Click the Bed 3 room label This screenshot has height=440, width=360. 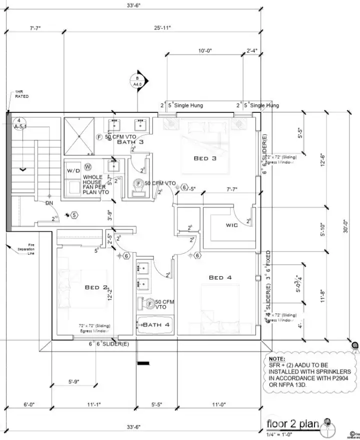(x=205, y=158)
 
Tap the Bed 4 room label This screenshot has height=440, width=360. (x=223, y=277)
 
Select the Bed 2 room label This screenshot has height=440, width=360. (x=96, y=287)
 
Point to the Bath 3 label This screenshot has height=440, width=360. (x=130, y=142)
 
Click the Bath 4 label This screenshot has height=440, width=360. (x=156, y=325)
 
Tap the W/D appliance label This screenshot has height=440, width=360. (x=74, y=171)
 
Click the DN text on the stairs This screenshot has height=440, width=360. (x=49, y=203)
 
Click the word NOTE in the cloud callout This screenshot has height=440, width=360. (x=277, y=359)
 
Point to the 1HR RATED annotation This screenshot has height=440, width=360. (x=21, y=94)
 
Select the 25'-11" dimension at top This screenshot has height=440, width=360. (x=163, y=28)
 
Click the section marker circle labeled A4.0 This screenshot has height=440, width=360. (x=136, y=81)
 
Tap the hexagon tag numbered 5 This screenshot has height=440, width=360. (x=74, y=215)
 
